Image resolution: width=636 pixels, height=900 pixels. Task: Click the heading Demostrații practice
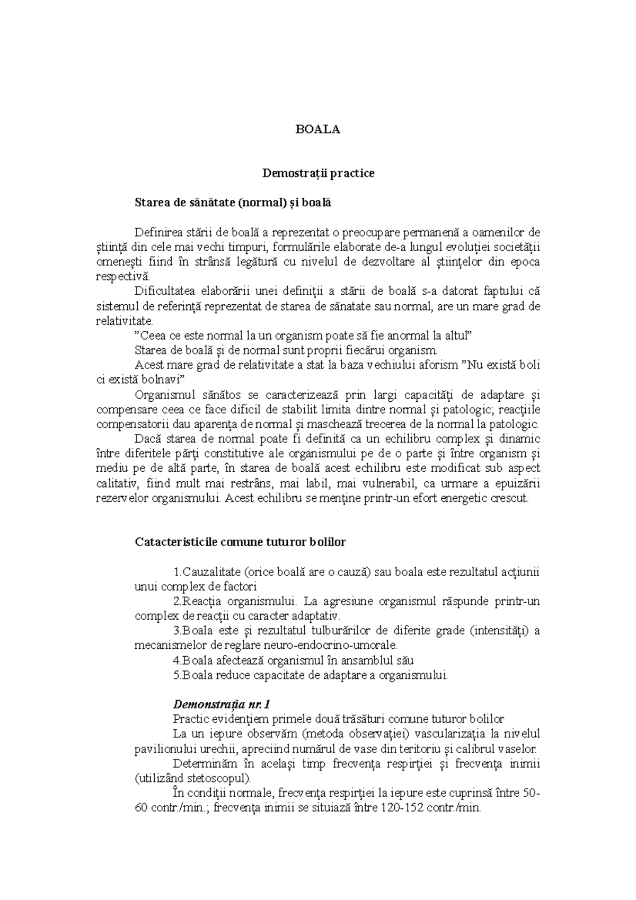click(318, 173)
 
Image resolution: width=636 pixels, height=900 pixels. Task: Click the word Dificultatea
click(166, 291)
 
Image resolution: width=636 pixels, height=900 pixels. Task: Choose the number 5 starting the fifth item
click(176, 675)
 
